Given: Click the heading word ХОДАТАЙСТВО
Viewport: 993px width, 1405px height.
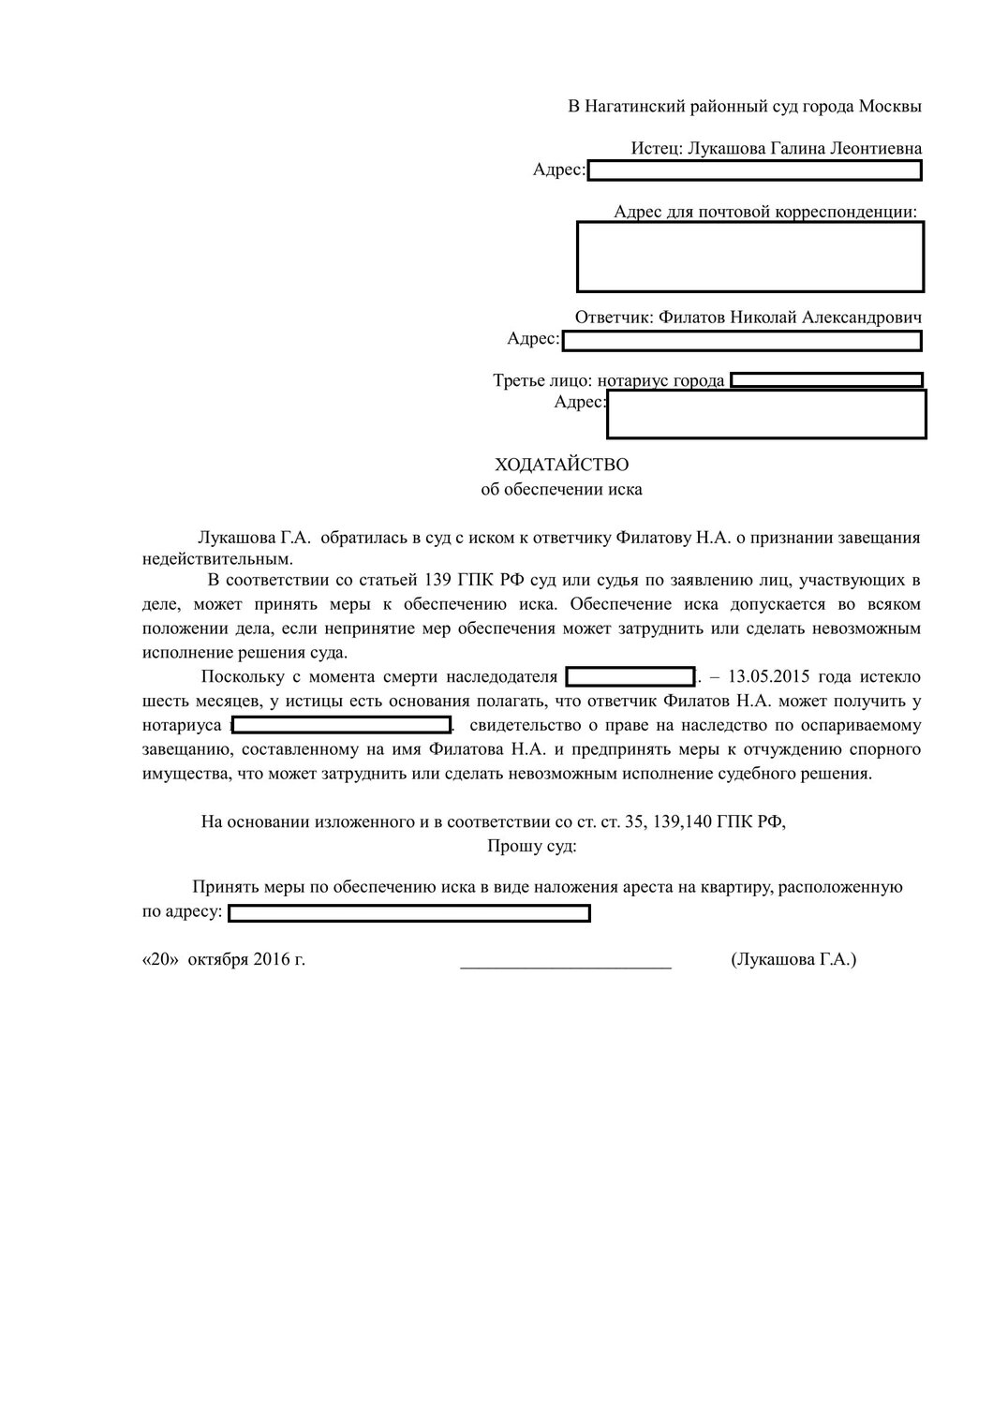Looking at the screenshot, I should [561, 465].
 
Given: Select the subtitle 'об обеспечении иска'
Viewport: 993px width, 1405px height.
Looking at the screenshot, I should [561, 489].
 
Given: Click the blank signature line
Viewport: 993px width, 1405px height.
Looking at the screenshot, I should [566, 963].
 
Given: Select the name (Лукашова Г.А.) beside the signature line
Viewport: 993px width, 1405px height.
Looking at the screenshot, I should [793, 960].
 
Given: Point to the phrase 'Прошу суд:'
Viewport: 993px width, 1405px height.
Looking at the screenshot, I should [531, 847].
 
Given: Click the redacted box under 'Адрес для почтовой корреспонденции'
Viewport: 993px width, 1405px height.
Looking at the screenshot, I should [750, 257].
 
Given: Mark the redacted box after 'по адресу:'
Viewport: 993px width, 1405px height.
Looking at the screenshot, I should [409, 913].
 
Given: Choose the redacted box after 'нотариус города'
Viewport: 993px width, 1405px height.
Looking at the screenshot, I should [826, 380].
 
